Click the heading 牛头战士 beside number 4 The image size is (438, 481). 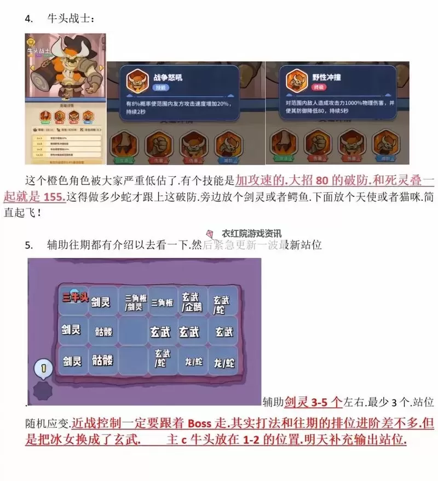pos(71,19)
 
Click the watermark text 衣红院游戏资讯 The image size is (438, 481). pos(252,233)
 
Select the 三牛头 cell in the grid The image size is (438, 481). pos(74,297)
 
